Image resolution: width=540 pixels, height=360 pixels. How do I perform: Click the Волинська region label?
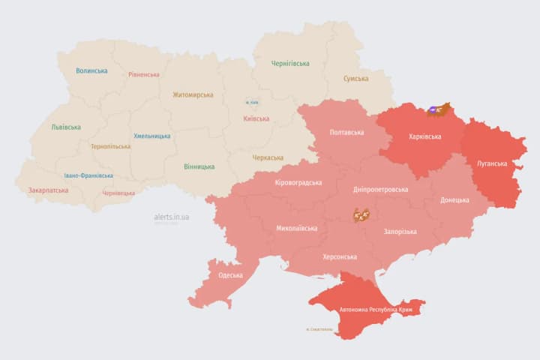91,71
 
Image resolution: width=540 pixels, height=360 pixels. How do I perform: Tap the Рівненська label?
144,75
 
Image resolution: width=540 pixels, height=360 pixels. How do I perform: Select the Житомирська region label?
193,95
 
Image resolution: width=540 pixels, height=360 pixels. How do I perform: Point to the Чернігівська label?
290,64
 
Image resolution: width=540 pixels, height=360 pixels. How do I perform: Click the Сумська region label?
355,79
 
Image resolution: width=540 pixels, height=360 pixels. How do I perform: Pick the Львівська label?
66,127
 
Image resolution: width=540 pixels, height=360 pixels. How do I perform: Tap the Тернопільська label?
109,147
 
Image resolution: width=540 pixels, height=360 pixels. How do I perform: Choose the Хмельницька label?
151,136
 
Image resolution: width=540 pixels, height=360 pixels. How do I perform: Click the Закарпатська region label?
48,190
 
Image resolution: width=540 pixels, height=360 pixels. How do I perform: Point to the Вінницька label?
199,166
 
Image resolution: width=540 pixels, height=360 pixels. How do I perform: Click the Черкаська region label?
268,157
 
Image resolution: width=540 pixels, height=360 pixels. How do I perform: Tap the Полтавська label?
346,133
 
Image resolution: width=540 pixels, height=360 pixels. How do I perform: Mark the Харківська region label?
425,137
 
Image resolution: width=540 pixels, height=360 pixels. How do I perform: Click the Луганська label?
492,163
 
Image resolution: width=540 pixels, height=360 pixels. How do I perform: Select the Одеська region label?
230,275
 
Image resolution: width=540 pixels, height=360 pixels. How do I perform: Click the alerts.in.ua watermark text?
172,217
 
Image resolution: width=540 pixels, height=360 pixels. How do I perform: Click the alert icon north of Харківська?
437,110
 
